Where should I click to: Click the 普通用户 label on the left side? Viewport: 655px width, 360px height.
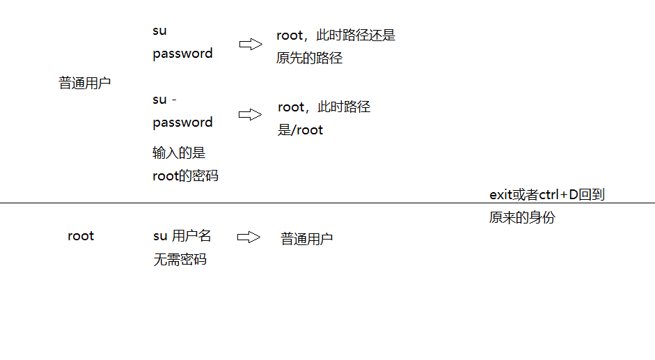(84, 83)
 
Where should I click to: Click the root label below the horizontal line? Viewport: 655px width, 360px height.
(81, 236)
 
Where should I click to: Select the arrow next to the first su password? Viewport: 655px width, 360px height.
(251, 45)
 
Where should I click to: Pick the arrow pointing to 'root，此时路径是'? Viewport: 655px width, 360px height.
(251, 115)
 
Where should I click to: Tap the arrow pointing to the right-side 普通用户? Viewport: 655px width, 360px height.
(248, 237)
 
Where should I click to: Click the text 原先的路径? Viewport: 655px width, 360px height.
(310, 58)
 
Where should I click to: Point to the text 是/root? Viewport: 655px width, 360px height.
(301, 130)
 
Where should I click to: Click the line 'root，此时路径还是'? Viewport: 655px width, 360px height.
(336, 36)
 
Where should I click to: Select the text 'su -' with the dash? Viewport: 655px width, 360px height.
(165, 100)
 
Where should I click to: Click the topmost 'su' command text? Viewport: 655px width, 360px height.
(160, 31)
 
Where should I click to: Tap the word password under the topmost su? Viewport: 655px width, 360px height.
(182, 54)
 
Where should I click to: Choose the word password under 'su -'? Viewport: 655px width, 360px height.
(182, 123)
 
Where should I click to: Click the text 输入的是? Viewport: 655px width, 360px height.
(179, 152)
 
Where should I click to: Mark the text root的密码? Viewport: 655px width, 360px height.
(185, 176)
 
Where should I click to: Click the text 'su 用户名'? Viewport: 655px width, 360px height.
(182, 236)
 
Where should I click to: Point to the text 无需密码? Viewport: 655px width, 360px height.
(180, 260)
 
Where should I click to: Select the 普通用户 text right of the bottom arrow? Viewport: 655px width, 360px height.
(307, 239)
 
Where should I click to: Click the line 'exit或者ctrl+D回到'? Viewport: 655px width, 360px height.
(547, 195)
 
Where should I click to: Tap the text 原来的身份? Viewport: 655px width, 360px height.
(522, 217)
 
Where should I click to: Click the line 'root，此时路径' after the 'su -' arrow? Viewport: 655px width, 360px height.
(324, 107)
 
